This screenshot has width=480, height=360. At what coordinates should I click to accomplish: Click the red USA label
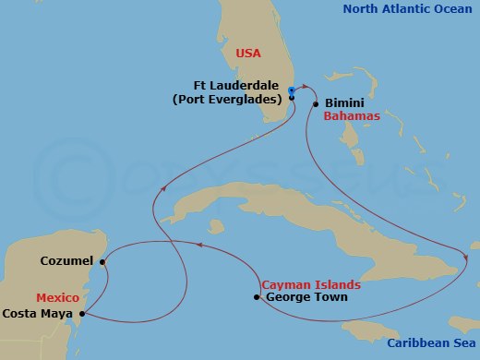click(248, 54)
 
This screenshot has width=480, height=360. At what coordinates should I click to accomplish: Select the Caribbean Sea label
click(431, 342)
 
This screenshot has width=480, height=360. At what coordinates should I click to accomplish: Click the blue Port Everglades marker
click(292, 90)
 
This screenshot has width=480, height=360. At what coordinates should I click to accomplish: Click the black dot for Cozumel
click(103, 261)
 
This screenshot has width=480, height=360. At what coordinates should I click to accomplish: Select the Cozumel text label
click(67, 261)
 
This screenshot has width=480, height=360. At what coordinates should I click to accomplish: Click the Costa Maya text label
click(39, 315)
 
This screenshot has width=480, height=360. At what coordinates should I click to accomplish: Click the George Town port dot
click(257, 297)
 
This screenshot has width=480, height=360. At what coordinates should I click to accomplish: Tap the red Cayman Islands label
click(307, 284)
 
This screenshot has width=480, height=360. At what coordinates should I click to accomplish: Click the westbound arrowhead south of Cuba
click(196, 245)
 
